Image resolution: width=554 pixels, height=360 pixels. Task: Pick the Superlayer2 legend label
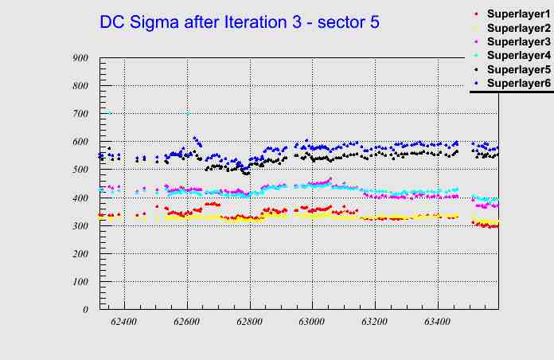tap(517, 29)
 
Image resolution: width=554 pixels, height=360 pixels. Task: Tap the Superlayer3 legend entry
tap(517, 41)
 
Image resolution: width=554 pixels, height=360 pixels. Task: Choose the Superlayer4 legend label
tap(517, 56)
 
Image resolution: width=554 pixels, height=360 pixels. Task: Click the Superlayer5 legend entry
tap(517, 69)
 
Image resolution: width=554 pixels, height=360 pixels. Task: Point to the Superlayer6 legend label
tap(517, 83)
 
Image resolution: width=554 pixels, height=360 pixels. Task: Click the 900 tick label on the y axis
tap(80, 57)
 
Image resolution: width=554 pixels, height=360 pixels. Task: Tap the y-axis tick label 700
tap(80, 113)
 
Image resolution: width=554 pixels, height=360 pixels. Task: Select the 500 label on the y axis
tap(80, 170)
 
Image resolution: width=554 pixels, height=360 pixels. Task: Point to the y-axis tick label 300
tap(80, 225)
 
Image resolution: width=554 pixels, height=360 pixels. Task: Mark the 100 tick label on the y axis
tap(80, 281)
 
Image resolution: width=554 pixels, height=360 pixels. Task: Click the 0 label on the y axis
tap(85, 309)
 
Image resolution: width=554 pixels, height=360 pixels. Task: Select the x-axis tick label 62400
tap(124, 322)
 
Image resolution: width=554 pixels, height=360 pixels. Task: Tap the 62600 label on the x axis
tap(187, 322)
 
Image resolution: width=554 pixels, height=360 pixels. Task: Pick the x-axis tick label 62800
tap(250, 322)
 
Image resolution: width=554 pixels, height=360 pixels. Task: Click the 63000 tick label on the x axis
tap(312, 322)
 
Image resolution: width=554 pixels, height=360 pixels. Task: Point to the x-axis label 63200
tap(375, 322)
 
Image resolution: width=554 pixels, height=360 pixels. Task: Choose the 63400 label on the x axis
tap(438, 322)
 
